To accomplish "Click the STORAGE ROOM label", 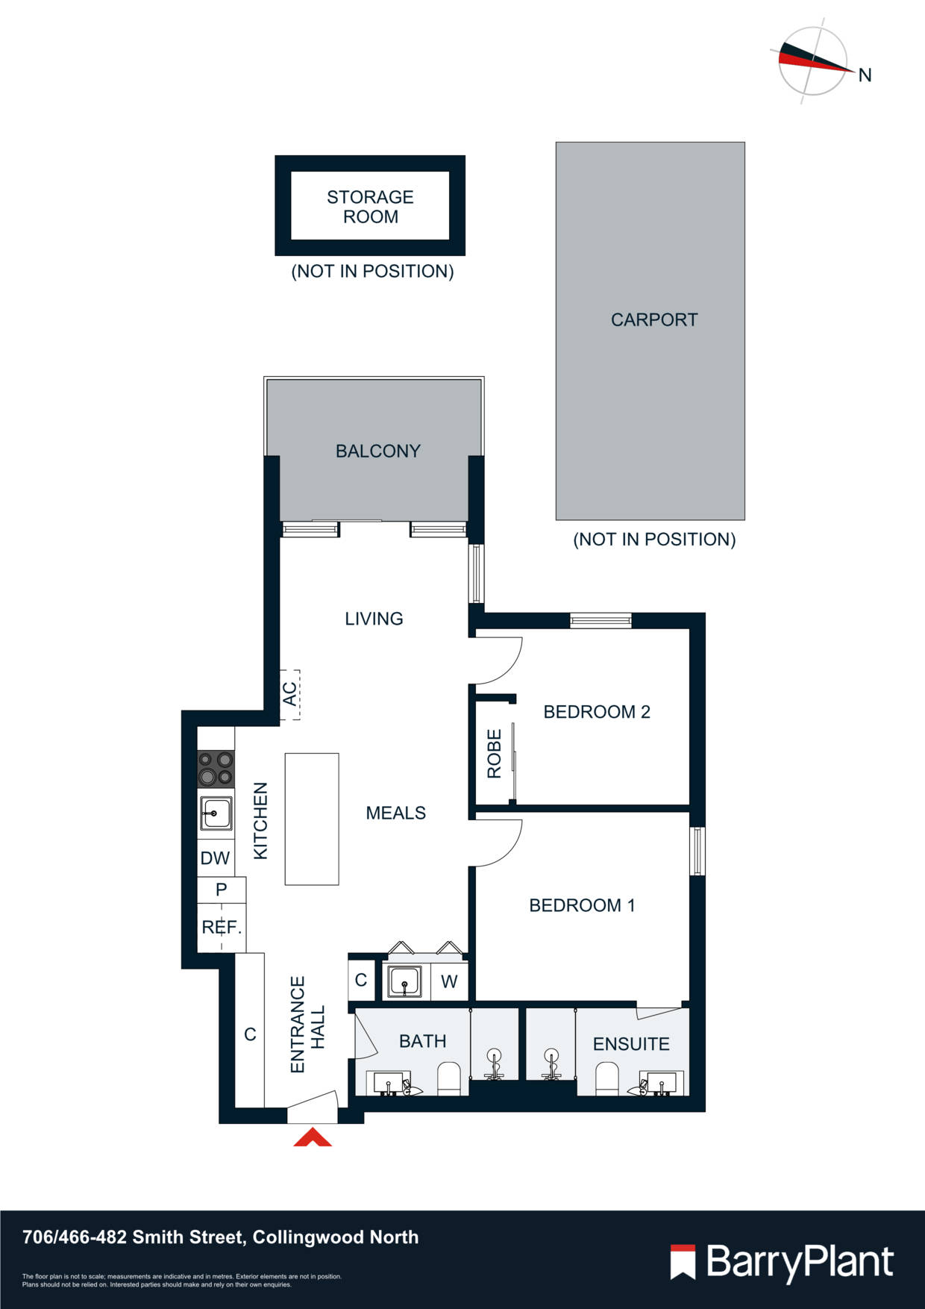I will click(x=370, y=207).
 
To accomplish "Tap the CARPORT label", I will click(x=653, y=319).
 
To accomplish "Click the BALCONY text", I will click(x=377, y=451).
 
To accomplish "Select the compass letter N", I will click(x=865, y=75).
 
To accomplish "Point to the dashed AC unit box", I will click(x=289, y=694).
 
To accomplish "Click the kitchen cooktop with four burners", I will click(x=216, y=769).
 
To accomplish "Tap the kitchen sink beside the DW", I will click(x=216, y=813).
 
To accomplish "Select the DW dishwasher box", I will click(x=215, y=858).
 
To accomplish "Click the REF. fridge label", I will click(x=221, y=928).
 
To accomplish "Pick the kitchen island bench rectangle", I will click(x=312, y=819).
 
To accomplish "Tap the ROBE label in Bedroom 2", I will click(x=494, y=754).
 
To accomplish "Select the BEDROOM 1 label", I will click(x=582, y=905).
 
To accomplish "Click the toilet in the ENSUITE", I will click(x=607, y=1078).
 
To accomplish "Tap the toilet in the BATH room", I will click(x=449, y=1078).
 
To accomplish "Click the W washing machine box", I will click(x=448, y=981).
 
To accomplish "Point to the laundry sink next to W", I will click(x=405, y=981).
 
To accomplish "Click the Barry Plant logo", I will click(x=781, y=1262).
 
